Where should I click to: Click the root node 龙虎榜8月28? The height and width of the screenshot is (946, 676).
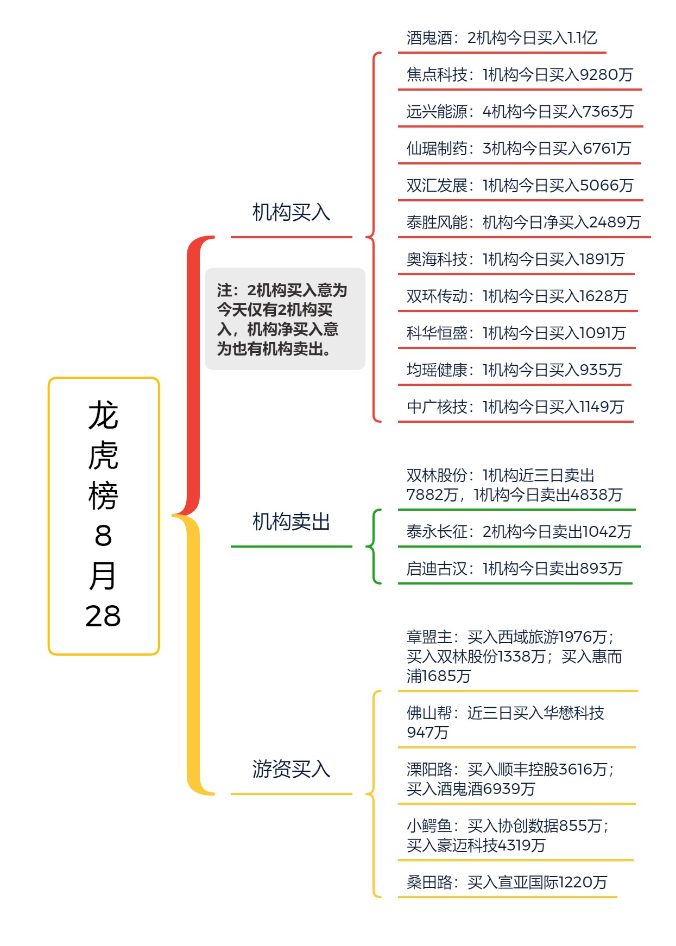click(x=104, y=516)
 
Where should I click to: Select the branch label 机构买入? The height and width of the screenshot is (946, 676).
click(x=291, y=213)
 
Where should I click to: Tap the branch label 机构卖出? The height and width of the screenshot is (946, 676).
click(x=291, y=522)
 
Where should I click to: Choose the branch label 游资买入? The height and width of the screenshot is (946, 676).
click(x=291, y=770)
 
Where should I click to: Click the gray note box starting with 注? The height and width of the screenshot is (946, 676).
click(x=285, y=319)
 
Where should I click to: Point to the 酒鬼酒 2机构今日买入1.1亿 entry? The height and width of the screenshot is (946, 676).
click(x=502, y=38)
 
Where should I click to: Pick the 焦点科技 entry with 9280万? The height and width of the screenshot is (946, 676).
click(x=520, y=75)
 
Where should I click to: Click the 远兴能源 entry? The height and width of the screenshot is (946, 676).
click(x=520, y=112)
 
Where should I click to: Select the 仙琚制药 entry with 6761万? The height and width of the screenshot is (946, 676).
click(x=519, y=149)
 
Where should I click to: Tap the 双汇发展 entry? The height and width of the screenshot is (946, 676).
click(x=520, y=186)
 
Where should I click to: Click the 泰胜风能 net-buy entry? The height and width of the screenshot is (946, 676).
click(x=523, y=223)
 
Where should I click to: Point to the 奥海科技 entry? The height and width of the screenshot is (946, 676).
click(x=515, y=259)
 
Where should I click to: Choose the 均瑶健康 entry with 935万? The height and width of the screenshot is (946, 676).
click(x=514, y=370)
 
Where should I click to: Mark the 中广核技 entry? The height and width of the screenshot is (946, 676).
click(x=515, y=407)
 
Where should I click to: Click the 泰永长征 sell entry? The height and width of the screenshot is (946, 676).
click(x=519, y=532)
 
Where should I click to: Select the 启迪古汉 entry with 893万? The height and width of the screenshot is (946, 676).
click(x=514, y=569)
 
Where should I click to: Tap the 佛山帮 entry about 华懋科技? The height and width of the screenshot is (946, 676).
click(x=505, y=722)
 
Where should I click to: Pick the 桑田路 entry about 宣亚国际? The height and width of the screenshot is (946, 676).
click(x=507, y=882)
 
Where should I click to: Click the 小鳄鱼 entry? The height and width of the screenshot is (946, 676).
click(x=508, y=835)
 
